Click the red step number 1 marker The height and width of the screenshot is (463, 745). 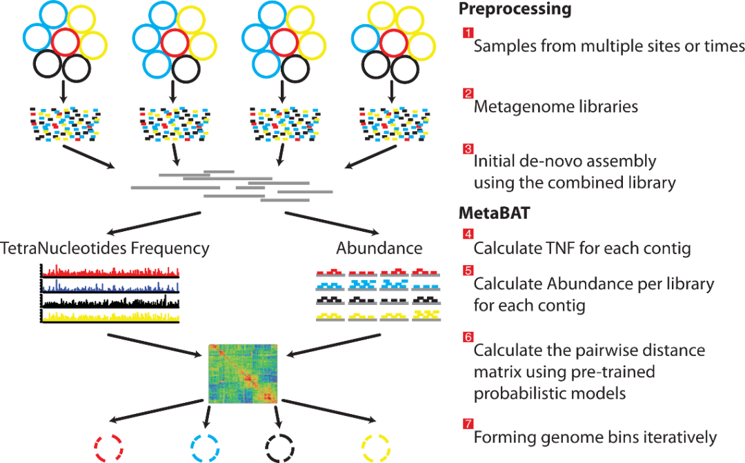click(x=468, y=32)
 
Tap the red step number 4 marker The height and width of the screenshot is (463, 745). click(x=468, y=234)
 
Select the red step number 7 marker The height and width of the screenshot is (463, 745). click(x=468, y=423)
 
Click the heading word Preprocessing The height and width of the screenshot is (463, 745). click(x=515, y=10)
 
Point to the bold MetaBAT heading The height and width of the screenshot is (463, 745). click(x=494, y=213)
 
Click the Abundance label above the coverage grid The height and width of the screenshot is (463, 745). click(x=379, y=248)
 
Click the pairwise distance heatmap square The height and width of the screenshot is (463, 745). click(x=243, y=374)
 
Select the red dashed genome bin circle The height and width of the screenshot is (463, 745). click(x=109, y=449)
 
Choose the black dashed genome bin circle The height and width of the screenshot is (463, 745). click(x=279, y=449)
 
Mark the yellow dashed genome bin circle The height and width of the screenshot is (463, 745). click(x=376, y=449)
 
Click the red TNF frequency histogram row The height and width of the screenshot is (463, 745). click(x=110, y=271)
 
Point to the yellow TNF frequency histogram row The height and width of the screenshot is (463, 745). click(x=110, y=317)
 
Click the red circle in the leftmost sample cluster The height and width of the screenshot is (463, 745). click(x=66, y=42)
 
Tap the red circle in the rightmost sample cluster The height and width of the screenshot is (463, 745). click(x=393, y=43)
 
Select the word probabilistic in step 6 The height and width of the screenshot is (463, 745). click(x=520, y=393)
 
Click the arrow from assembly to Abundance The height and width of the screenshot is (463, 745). click(x=332, y=223)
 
